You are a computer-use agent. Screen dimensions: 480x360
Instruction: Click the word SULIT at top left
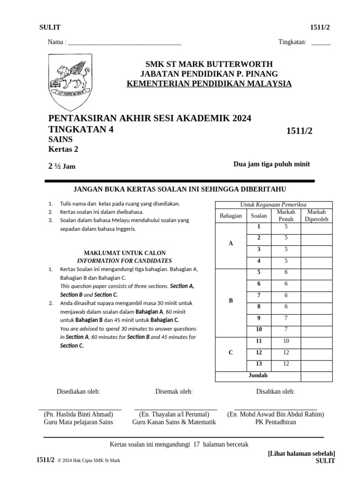click(50, 28)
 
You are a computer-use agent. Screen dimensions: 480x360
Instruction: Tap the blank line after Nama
click(125, 43)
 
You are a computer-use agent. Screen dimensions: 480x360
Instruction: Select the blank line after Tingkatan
click(321, 43)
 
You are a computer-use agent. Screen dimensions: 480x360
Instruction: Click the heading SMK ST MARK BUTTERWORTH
click(209, 64)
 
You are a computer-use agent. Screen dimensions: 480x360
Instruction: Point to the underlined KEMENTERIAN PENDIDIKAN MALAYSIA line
click(209, 84)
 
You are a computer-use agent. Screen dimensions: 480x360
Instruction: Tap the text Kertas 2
click(63, 150)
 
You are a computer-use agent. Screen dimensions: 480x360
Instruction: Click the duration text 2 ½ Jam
click(62, 166)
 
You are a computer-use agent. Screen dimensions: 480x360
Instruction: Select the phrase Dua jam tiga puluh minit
click(271, 164)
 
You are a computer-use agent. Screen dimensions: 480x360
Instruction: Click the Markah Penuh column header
click(286, 216)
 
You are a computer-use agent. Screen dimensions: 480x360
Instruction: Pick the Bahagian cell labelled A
click(230, 244)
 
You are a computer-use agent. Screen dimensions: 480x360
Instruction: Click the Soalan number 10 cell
click(258, 330)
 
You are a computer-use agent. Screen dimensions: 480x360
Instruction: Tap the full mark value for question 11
click(286, 341)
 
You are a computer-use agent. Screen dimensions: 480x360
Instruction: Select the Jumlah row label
click(258, 375)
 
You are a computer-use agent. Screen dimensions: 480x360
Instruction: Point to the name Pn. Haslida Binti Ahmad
click(78, 414)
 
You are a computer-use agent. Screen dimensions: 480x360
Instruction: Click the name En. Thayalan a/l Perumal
click(174, 414)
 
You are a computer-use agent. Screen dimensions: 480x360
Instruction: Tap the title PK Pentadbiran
click(276, 422)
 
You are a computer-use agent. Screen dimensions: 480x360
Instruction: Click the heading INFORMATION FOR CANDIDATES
click(124, 261)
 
